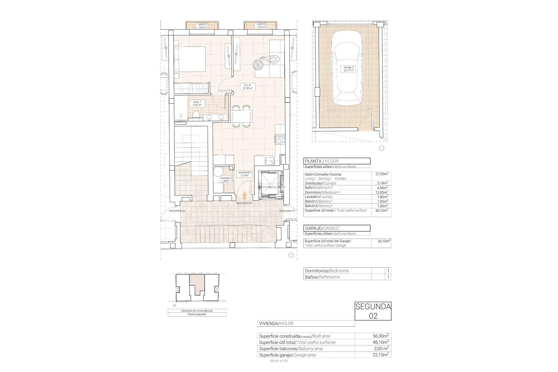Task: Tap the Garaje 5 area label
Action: click(x=348, y=69)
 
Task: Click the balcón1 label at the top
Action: click(x=203, y=26)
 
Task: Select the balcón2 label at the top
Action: click(x=261, y=26)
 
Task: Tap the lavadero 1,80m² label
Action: click(x=226, y=179)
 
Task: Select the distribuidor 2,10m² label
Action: click(x=244, y=174)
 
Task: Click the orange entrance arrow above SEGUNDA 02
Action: click(x=244, y=196)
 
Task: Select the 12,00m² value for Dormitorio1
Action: click(x=381, y=192)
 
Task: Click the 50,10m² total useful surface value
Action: click(x=381, y=210)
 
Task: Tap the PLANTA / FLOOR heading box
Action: click(x=337, y=161)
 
